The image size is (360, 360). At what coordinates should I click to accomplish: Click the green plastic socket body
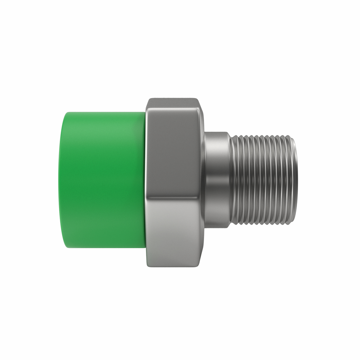[x=103, y=180]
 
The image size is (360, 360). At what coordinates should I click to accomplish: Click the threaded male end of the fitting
[x=263, y=180]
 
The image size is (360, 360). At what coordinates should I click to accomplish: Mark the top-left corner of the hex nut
[x=148, y=100]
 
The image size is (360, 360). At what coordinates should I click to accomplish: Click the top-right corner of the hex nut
[x=198, y=100]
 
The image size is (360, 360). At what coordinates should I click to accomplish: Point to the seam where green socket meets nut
[x=146, y=180]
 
